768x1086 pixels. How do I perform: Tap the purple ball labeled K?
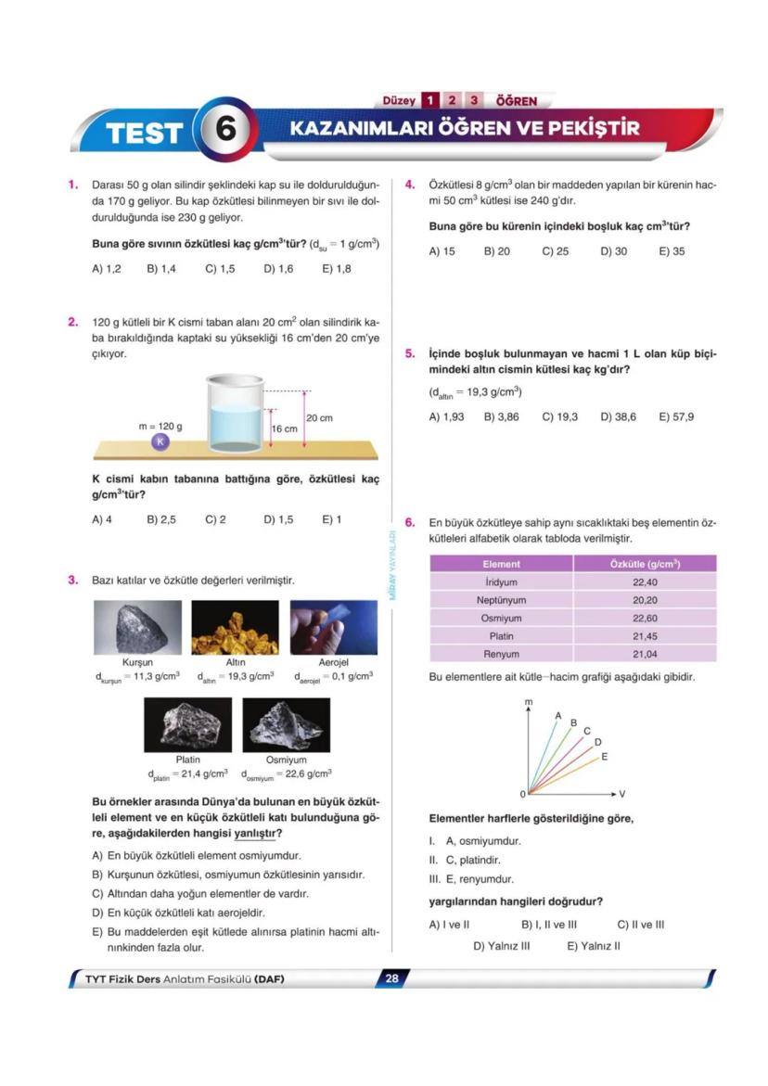click(160, 441)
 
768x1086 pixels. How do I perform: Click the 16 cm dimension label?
click(285, 429)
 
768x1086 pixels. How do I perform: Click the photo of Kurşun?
click(137, 628)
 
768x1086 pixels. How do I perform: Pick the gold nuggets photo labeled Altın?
click(235, 628)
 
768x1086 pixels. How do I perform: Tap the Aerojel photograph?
click(333, 628)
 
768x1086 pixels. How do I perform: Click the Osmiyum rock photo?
click(286, 724)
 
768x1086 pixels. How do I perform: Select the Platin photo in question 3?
click(187, 724)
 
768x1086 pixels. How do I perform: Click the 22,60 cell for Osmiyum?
click(645, 618)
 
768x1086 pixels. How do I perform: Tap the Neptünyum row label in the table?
click(501, 600)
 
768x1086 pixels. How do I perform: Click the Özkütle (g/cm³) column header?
click(645, 564)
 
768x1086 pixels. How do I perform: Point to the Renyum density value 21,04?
click(645, 654)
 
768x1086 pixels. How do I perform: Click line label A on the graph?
click(558, 715)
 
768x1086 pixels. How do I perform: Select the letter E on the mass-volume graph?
click(605, 757)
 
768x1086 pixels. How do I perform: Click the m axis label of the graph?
click(529, 703)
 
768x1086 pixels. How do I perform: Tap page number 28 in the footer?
click(391, 977)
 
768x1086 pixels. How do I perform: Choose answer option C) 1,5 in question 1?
click(220, 269)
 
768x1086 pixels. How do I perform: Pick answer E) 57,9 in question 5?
click(676, 416)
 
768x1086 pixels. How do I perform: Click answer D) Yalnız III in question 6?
click(502, 946)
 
